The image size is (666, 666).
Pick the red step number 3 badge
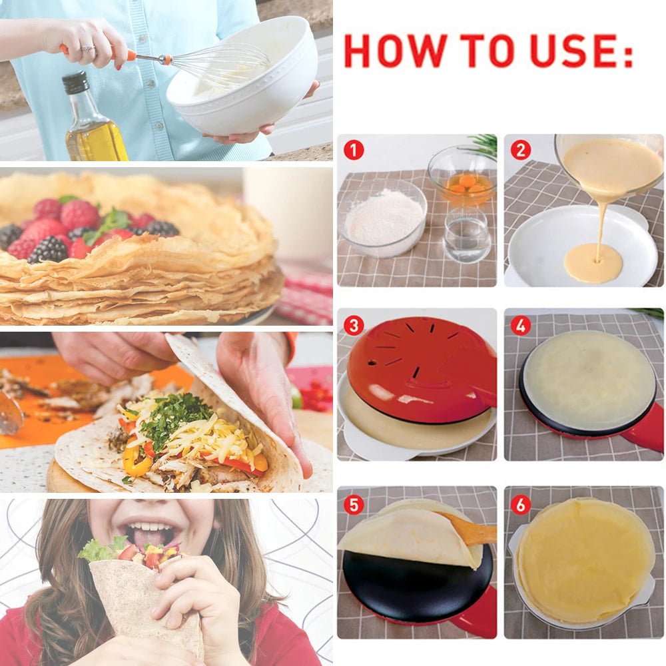point(354,325)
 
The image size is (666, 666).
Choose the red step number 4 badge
point(520,325)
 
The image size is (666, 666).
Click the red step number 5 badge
point(354,504)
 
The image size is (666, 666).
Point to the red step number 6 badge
point(520,504)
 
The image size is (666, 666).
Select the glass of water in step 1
point(466,236)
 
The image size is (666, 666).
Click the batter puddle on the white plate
point(593,262)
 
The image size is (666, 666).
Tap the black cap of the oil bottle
point(75,83)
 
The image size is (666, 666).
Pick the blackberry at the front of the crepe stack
point(48,250)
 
